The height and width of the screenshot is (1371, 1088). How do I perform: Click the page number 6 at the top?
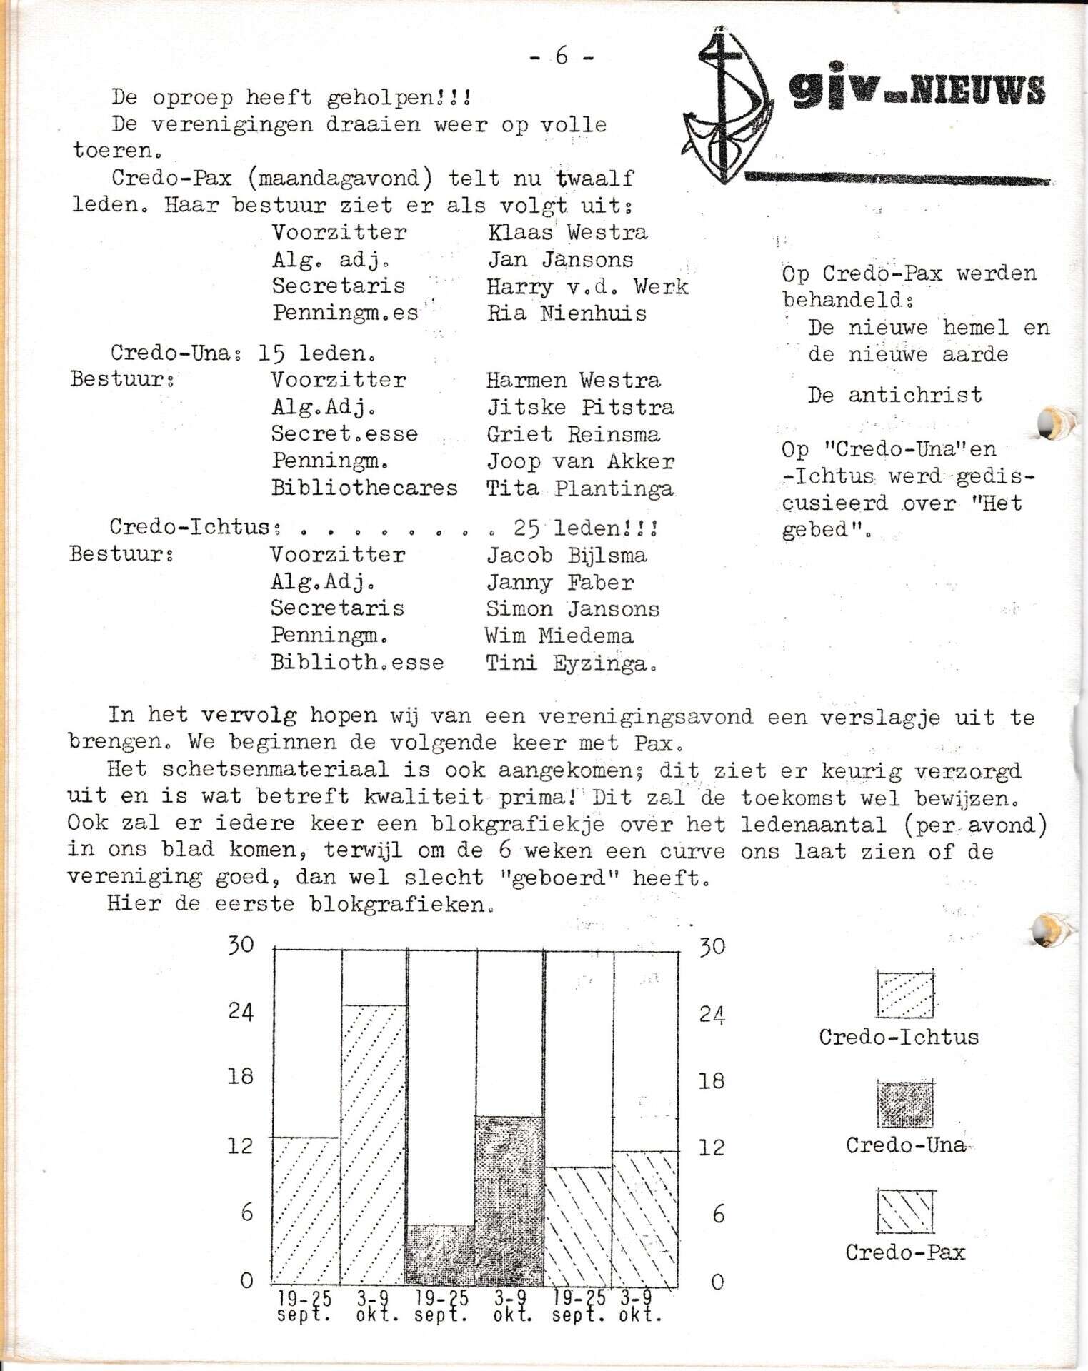coord(562,56)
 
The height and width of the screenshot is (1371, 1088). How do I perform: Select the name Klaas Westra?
coord(567,232)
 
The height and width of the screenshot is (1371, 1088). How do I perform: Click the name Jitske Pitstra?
coord(579,408)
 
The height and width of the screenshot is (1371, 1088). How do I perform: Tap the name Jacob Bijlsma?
coord(566,555)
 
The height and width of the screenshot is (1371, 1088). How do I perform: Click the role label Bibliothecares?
coord(364,488)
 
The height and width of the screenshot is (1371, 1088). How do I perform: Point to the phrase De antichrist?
coord(894,395)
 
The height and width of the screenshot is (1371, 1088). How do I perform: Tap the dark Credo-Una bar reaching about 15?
coord(509,1200)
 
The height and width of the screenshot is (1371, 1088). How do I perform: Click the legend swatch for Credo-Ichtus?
coord(905,993)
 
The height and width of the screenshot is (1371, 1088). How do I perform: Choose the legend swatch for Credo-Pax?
coord(905,1211)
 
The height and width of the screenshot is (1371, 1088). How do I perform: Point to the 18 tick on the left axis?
coord(241,1075)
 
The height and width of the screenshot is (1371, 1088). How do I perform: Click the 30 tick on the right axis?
coord(712,946)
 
